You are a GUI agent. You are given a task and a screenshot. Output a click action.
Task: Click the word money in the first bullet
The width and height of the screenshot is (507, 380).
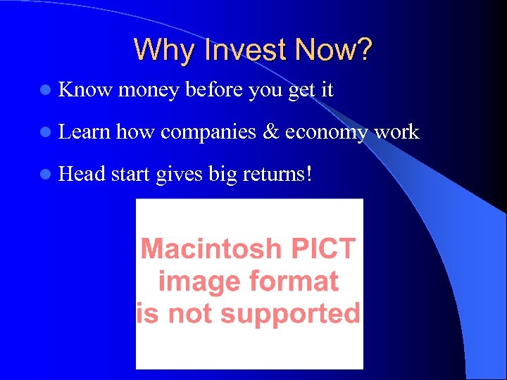[x=149, y=90]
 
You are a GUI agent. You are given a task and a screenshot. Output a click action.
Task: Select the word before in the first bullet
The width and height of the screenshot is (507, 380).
[x=214, y=89]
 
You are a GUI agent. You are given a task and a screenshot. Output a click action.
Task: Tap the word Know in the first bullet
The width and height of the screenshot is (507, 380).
[x=86, y=89]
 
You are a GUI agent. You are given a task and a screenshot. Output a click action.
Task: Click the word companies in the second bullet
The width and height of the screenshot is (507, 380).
[x=208, y=132]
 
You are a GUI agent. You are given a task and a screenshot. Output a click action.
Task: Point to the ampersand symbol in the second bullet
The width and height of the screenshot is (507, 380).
[x=270, y=132]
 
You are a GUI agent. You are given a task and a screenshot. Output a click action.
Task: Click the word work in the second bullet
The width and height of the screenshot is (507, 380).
[x=396, y=132]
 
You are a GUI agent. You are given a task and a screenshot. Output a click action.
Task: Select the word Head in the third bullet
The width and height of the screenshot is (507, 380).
[x=83, y=174]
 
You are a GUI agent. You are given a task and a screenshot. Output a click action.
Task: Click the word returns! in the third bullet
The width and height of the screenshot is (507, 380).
[x=277, y=174]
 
